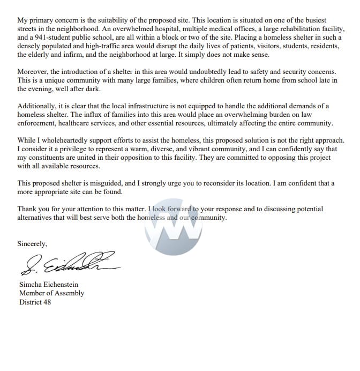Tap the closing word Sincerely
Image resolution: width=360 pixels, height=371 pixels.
32,243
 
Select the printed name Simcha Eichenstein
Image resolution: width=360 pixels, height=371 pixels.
51,285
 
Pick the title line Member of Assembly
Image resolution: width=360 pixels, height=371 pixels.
51,293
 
